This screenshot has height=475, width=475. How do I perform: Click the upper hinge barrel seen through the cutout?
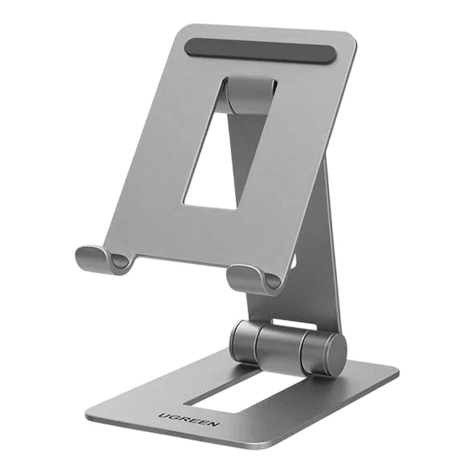252,95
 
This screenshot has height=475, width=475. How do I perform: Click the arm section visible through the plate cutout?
233,157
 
